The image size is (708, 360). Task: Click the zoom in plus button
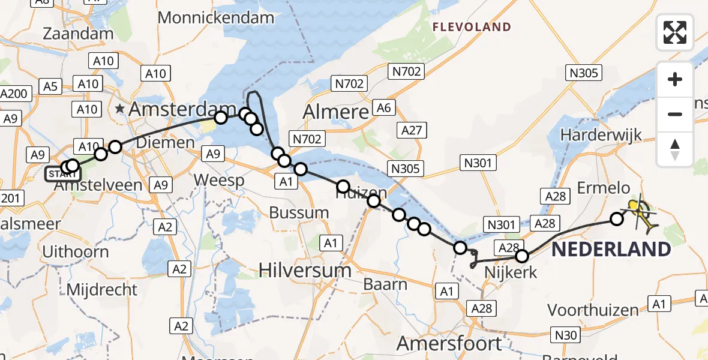tap(675, 80)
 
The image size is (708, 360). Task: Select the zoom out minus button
tap(675, 114)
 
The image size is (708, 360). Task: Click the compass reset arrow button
tap(675, 149)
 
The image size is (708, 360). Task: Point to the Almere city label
tap(335, 112)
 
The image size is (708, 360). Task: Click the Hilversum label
tap(305, 271)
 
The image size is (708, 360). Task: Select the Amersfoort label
tap(449, 344)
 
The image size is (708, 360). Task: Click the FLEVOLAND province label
tap(472, 27)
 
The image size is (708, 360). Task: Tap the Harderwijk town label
tap(601, 135)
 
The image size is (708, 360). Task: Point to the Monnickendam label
tap(215, 17)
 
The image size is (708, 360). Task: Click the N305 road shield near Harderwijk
tap(584, 73)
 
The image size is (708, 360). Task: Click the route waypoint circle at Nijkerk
tap(522, 256)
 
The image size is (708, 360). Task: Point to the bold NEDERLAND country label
tap(611, 249)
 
